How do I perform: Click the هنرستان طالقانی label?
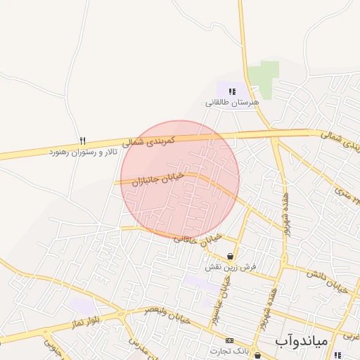tap(232, 102)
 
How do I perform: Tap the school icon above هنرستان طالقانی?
tap(231, 91)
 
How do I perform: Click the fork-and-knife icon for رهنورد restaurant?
tap(83, 141)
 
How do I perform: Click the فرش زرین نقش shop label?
tap(231, 268)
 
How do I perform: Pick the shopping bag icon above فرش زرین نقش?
tap(231, 257)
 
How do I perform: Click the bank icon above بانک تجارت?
tap(229, 340)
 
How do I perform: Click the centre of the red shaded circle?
tap(180, 180)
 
